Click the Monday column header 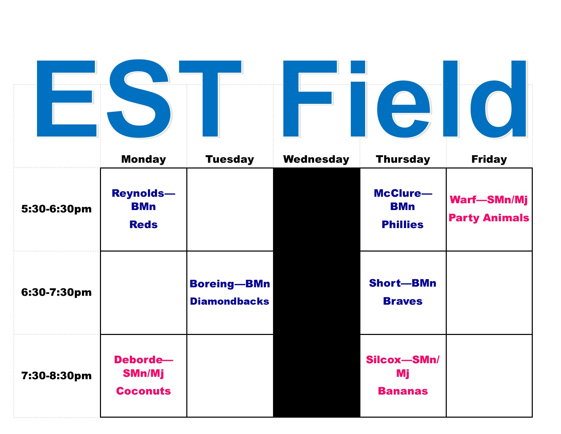coord(143,159)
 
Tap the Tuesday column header coord(230,159)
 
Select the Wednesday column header coord(316,159)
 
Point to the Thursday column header coord(403,159)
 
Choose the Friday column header coord(489,159)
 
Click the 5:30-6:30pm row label coord(56,209)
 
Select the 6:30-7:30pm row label coord(56,292)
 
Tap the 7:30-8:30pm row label coord(56,375)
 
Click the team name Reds coord(143,224)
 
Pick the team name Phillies coord(403,224)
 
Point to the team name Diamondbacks coord(230,301)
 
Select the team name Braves coord(403,301)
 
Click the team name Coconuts coord(143,391)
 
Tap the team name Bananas coord(403,391)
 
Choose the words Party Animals coord(489,218)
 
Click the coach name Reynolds coord(138,193)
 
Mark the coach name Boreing coord(212,284)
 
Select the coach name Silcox coord(384,359)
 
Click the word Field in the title coord(405,99)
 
